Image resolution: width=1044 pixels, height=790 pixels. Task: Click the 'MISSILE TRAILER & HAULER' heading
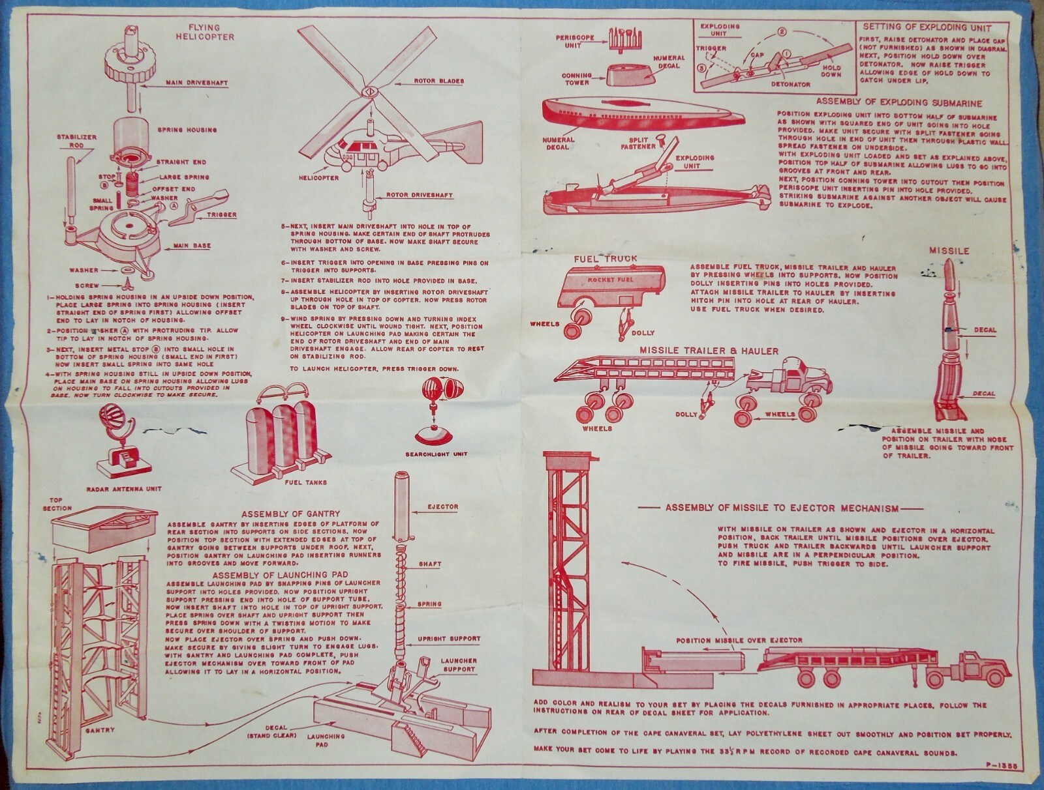pyautogui.click(x=709, y=351)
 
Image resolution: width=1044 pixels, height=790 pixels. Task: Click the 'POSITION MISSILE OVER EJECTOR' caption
pyautogui.click(x=739, y=640)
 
